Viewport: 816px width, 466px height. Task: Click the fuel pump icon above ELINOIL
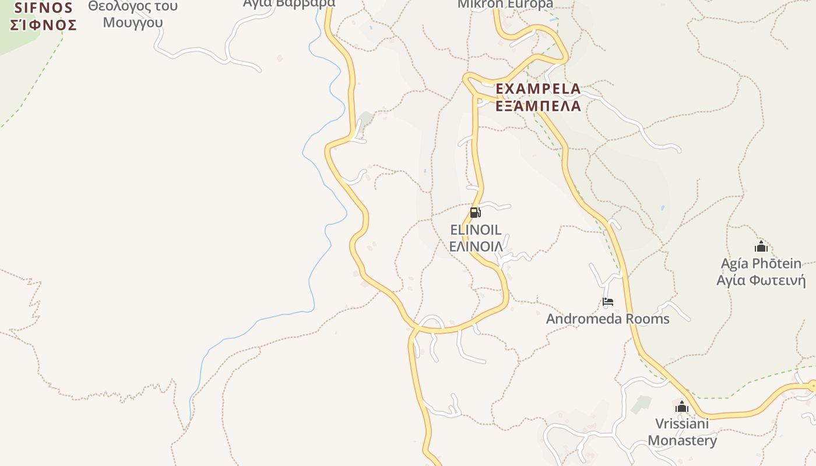(x=475, y=213)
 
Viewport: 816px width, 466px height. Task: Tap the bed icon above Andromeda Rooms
(x=608, y=302)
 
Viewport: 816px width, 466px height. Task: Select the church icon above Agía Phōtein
(x=761, y=246)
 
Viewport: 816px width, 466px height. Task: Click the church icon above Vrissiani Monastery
(x=681, y=407)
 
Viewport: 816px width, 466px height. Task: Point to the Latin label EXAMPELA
(x=538, y=89)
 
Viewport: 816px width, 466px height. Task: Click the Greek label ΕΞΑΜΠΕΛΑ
(x=538, y=106)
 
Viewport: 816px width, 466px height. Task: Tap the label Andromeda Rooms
(x=607, y=319)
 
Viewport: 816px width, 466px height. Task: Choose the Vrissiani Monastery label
(x=682, y=432)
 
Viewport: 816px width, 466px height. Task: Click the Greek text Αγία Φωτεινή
(x=761, y=280)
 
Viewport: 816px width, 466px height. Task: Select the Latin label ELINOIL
(x=476, y=230)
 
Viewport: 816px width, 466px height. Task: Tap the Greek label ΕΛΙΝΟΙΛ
(x=476, y=246)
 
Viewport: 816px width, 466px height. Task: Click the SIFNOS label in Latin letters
(x=44, y=8)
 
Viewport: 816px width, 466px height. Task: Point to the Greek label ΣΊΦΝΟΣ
(x=44, y=25)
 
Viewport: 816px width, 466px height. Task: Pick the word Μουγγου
(x=132, y=23)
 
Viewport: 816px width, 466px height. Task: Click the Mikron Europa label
(x=505, y=4)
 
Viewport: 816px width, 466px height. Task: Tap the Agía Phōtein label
(x=761, y=263)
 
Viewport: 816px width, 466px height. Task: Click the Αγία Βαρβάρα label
(x=289, y=3)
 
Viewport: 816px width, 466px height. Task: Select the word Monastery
(x=682, y=441)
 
